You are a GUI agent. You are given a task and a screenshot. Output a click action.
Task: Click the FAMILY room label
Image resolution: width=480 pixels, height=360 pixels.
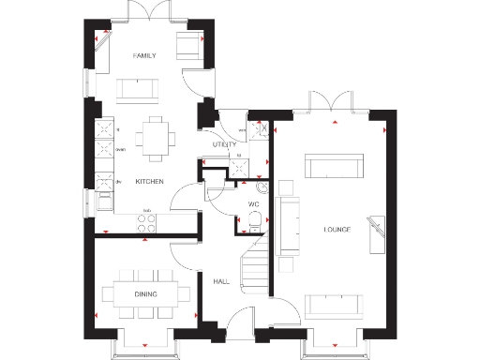point(143,56)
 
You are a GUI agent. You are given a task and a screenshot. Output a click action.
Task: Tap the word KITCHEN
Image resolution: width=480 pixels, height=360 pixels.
point(150,181)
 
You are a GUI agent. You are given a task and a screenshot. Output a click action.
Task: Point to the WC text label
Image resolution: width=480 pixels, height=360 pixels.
point(253,202)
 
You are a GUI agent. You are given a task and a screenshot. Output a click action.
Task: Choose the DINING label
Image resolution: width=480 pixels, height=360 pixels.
point(144,295)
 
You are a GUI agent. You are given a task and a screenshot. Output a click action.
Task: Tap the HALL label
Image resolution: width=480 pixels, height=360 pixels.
point(221,281)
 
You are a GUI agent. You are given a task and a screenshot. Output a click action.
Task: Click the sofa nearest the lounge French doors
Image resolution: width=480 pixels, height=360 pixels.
point(333,168)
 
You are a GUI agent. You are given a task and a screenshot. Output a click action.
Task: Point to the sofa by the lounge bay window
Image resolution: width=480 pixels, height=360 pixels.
point(335,305)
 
